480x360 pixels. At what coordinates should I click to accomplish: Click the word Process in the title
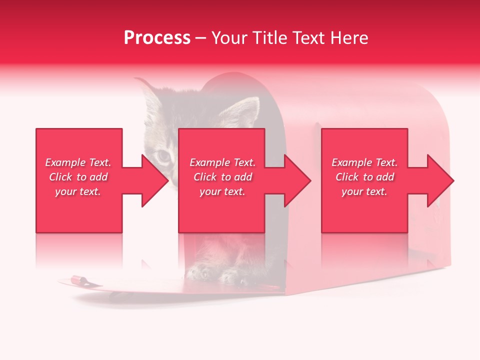[x=157, y=38]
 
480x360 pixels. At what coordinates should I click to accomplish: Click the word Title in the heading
[x=268, y=38]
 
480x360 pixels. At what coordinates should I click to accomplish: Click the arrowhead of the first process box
[x=155, y=180]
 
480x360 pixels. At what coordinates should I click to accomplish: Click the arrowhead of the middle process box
[x=298, y=180]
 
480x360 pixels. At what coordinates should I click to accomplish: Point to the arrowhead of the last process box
[x=440, y=180]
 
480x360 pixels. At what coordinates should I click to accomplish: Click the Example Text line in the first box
[x=78, y=162]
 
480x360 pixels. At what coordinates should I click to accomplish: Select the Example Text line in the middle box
[x=222, y=162]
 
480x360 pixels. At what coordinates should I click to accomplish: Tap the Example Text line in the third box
[x=364, y=162]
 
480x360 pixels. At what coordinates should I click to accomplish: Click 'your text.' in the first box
[x=78, y=191]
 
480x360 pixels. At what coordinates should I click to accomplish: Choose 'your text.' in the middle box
[x=222, y=191]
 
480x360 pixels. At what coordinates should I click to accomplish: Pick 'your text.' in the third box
[x=364, y=191]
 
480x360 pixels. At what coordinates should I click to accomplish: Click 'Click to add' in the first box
[x=78, y=177]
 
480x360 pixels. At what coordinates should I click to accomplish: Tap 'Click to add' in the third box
[x=364, y=177]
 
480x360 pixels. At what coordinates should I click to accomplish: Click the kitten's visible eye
[x=163, y=156]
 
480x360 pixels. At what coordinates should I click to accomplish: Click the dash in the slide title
[x=200, y=38]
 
